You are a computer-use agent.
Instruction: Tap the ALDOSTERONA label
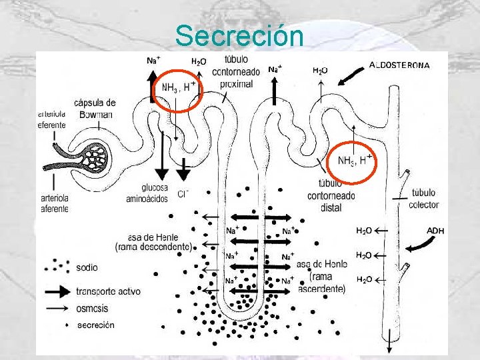pyautogui.click(x=400, y=65)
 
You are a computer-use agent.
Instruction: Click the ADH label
pyautogui.click(x=435, y=231)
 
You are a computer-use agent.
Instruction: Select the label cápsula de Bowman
pyautogui.click(x=95, y=108)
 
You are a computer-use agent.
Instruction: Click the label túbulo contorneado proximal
pyautogui.click(x=233, y=71)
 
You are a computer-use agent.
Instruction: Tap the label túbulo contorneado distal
pyautogui.click(x=331, y=195)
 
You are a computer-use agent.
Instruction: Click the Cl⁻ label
pyautogui.click(x=183, y=194)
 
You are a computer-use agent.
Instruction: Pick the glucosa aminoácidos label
pyautogui.click(x=145, y=193)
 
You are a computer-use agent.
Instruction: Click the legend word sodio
pyautogui.click(x=87, y=267)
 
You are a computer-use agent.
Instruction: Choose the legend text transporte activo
pyautogui.click(x=108, y=291)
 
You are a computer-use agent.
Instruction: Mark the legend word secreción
pyautogui.click(x=95, y=325)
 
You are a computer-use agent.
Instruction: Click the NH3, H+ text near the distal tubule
pyautogui.click(x=355, y=160)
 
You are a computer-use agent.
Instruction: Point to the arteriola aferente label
pyautogui.click(x=54, y=203)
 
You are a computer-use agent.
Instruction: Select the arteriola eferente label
pyautogui.click(x=52, y=120)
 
